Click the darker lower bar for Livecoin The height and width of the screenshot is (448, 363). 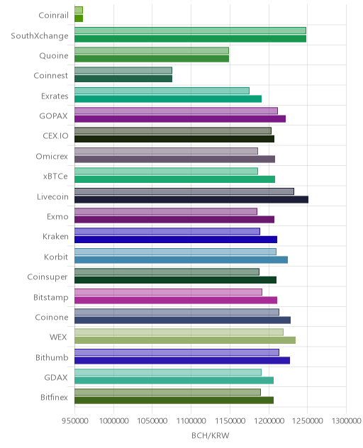coord(191,199)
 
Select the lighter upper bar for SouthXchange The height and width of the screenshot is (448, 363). coord(190,30)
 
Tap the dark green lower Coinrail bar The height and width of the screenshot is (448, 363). coord(79,18)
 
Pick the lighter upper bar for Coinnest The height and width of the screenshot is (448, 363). coord(123,71)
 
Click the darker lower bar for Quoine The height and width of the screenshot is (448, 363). coord(152,59)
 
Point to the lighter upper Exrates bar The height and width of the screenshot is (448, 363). coord(162,91)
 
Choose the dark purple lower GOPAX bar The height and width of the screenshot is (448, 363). coord(180,119)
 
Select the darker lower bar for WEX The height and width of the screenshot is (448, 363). coord(185,340)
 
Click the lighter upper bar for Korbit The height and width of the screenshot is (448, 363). coord(175,252)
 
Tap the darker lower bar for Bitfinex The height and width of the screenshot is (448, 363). coord(174,401)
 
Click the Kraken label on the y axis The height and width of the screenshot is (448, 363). coord(55,237)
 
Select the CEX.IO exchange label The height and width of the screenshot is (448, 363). coord(56,135)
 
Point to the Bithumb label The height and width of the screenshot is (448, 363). coord(52,357)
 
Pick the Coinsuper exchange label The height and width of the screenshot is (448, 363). coord(48,277)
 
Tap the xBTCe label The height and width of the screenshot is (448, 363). coord(55,177)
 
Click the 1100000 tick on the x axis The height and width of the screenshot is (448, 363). coord(191,421)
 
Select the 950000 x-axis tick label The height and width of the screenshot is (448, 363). coord(75,421)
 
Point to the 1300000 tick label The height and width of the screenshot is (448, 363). coord(346,421)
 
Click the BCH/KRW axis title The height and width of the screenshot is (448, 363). coord(211,435)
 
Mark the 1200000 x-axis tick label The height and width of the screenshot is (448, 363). coord(269,421)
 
